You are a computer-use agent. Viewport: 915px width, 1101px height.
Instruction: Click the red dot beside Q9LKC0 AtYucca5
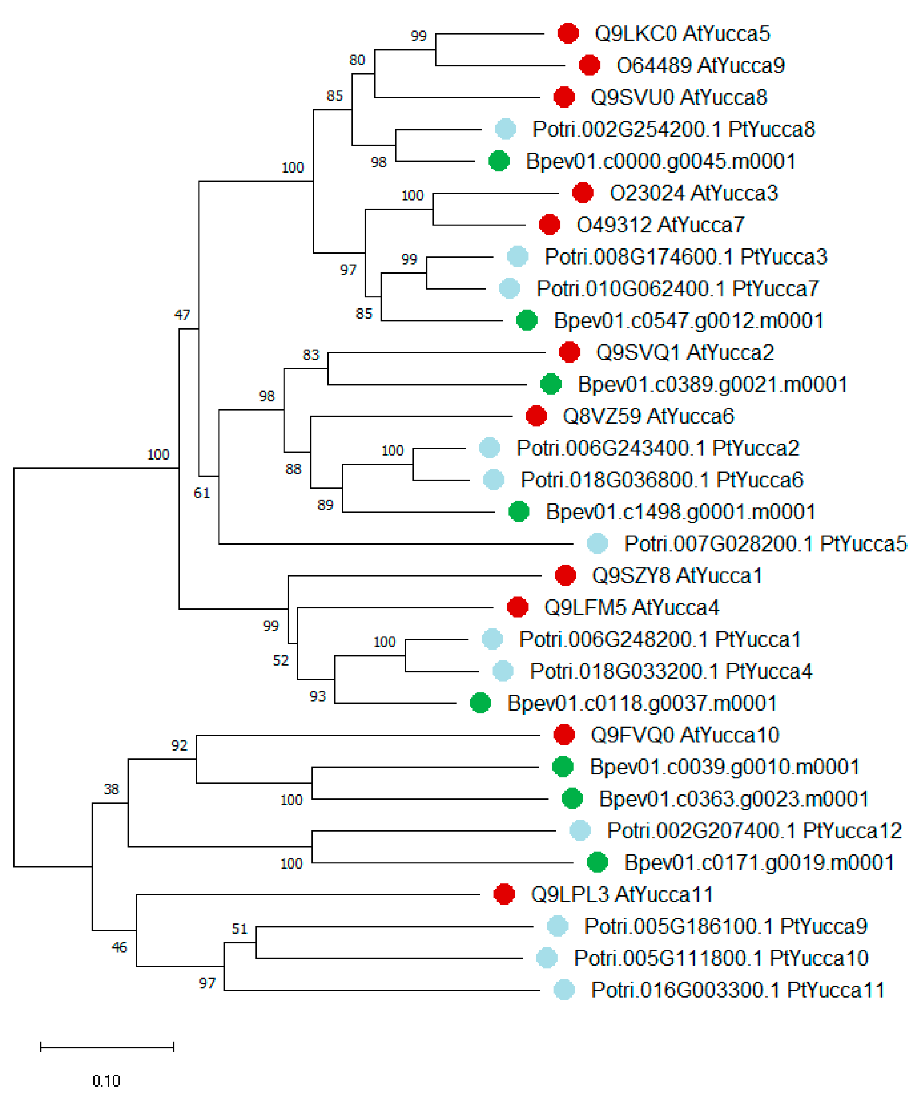coord(568,33)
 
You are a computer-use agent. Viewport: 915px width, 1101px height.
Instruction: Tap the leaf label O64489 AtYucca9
coord(700,65)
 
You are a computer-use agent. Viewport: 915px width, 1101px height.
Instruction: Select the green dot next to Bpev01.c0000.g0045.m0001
coord(499,161)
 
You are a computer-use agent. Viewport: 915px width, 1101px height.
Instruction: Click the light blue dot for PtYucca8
coord(506,129)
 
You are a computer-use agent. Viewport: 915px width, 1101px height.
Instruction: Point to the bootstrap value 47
coord(182,314)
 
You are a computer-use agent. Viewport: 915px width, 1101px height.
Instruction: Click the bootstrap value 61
coord(202,493)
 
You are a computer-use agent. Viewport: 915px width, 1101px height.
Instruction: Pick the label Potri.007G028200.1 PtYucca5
coord(765,544)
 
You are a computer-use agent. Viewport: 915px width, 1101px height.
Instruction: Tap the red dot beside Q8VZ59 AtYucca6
coord(536,416)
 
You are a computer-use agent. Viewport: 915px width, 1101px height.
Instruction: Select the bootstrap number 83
coord(310,355)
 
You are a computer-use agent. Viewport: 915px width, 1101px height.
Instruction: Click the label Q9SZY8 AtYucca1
coord(677,576)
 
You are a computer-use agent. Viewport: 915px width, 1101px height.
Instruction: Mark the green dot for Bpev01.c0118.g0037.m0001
coord(480,703)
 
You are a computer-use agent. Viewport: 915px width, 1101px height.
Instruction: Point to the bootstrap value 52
coord(281,660)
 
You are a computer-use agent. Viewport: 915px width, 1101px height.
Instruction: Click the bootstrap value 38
coord(111,789)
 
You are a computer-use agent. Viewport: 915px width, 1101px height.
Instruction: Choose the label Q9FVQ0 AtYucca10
coord(685,735)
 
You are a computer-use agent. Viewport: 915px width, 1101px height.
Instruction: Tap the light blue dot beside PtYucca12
coord(580,830)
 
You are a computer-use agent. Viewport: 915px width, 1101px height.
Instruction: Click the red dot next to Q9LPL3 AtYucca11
coord(504,895)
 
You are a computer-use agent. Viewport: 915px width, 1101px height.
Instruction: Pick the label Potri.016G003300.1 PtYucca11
coord(738,990)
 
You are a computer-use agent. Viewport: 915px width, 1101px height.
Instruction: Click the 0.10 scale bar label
coord(106,1081)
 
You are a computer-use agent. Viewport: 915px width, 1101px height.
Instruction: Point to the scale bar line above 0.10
coord(107,1048)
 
